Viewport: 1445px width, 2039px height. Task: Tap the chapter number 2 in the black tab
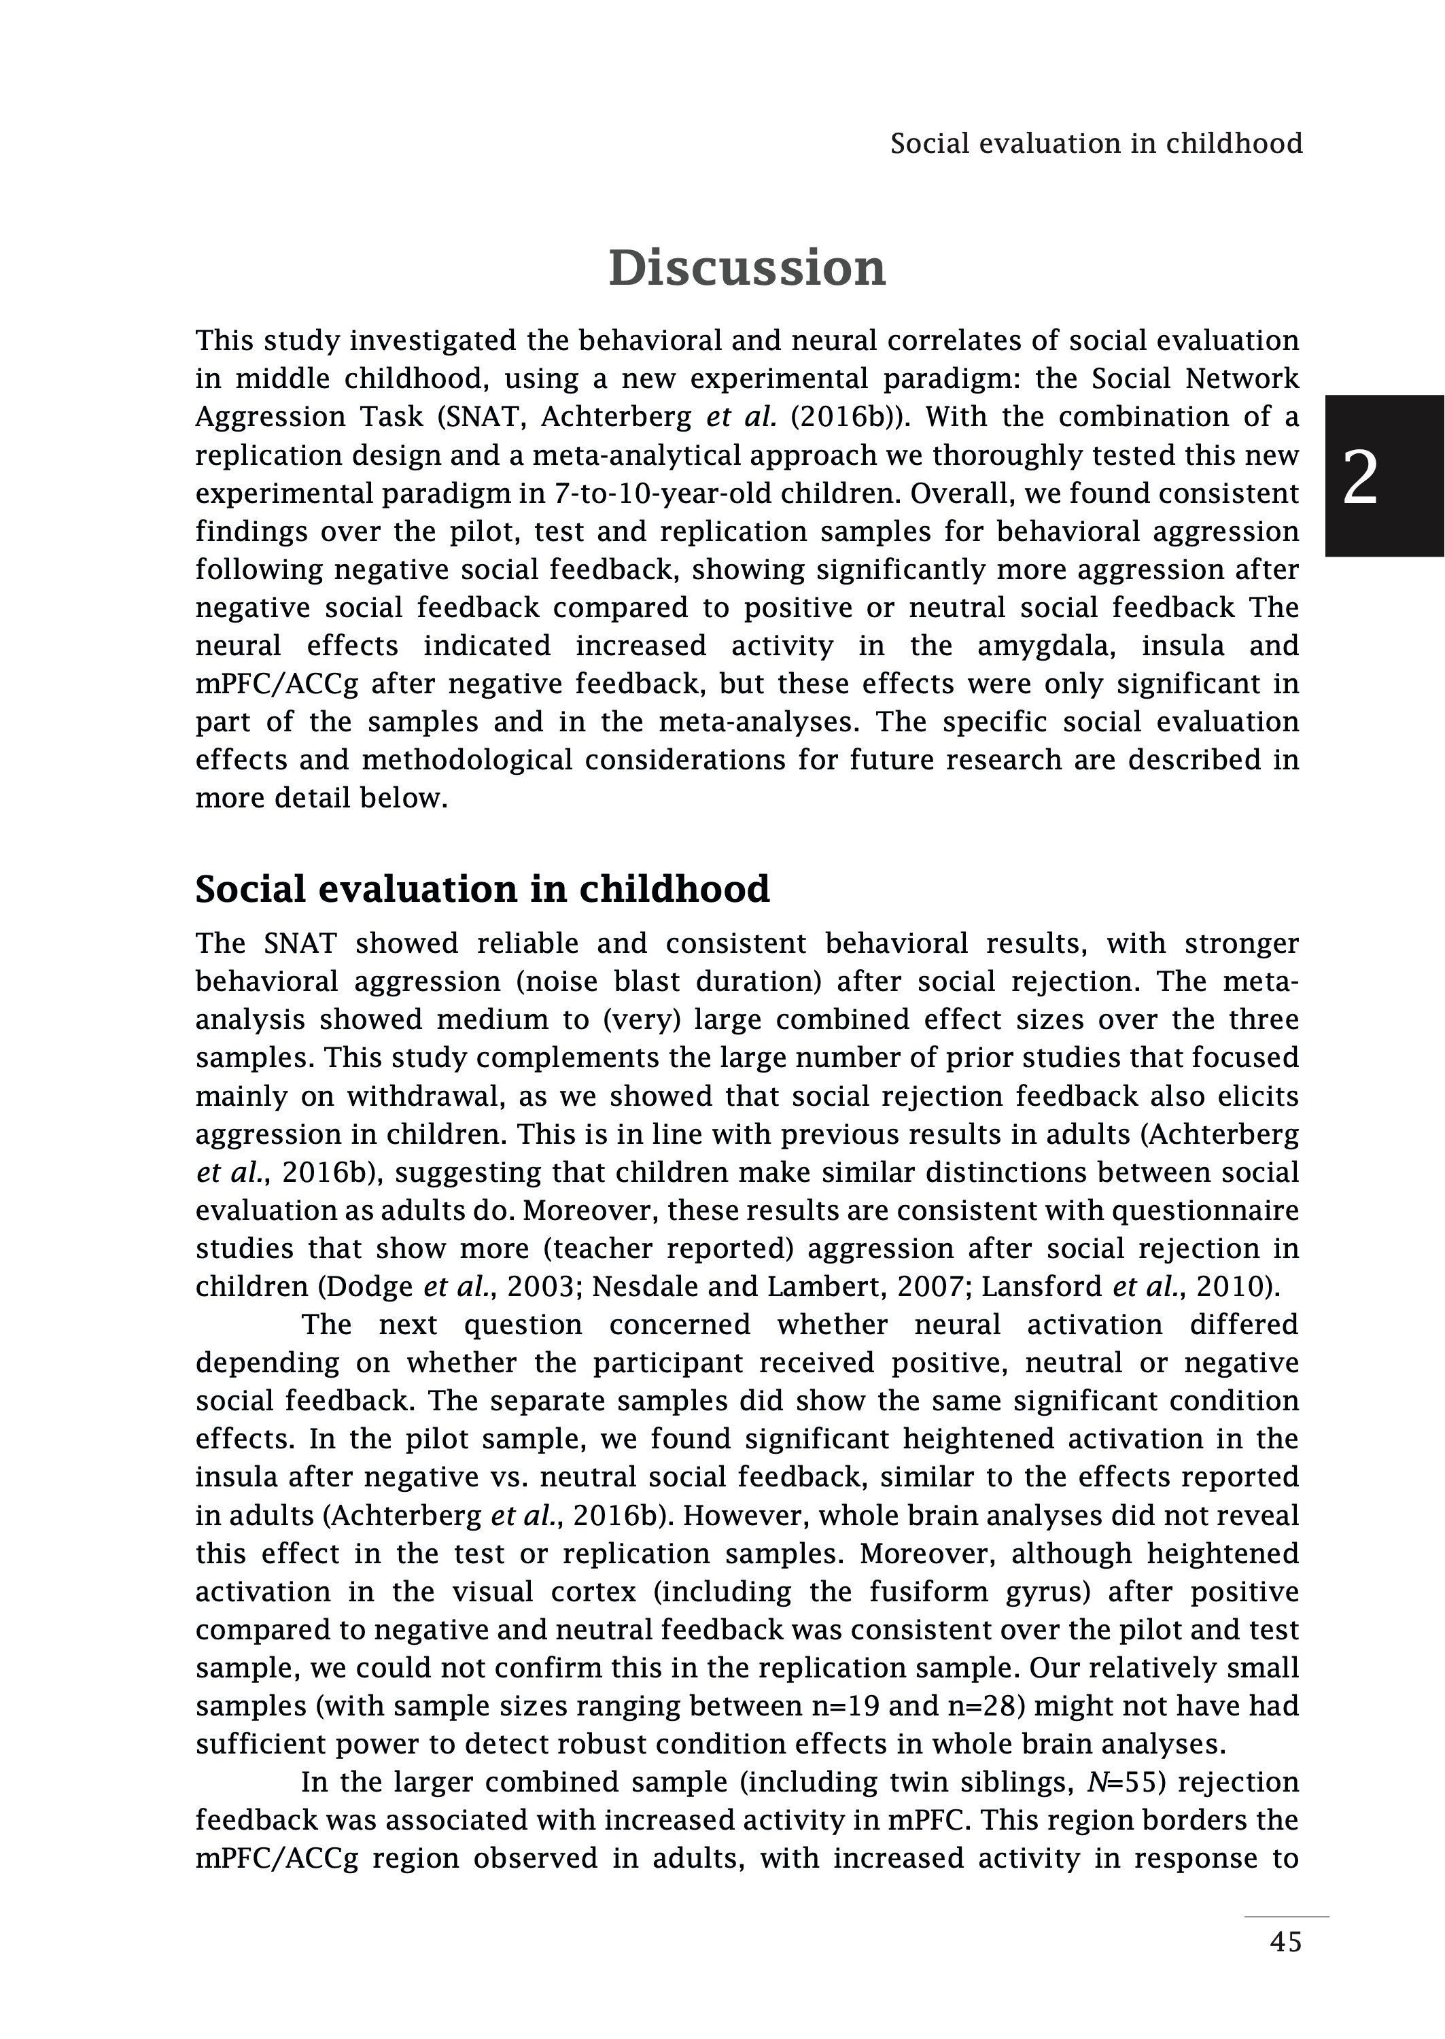(x=1359, y=478)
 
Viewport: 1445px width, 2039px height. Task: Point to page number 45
(x=1286, y=1967)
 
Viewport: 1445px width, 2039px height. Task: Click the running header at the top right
(x=1096, y=143)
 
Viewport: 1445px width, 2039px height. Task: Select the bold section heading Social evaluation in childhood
(x=483, y=889)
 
